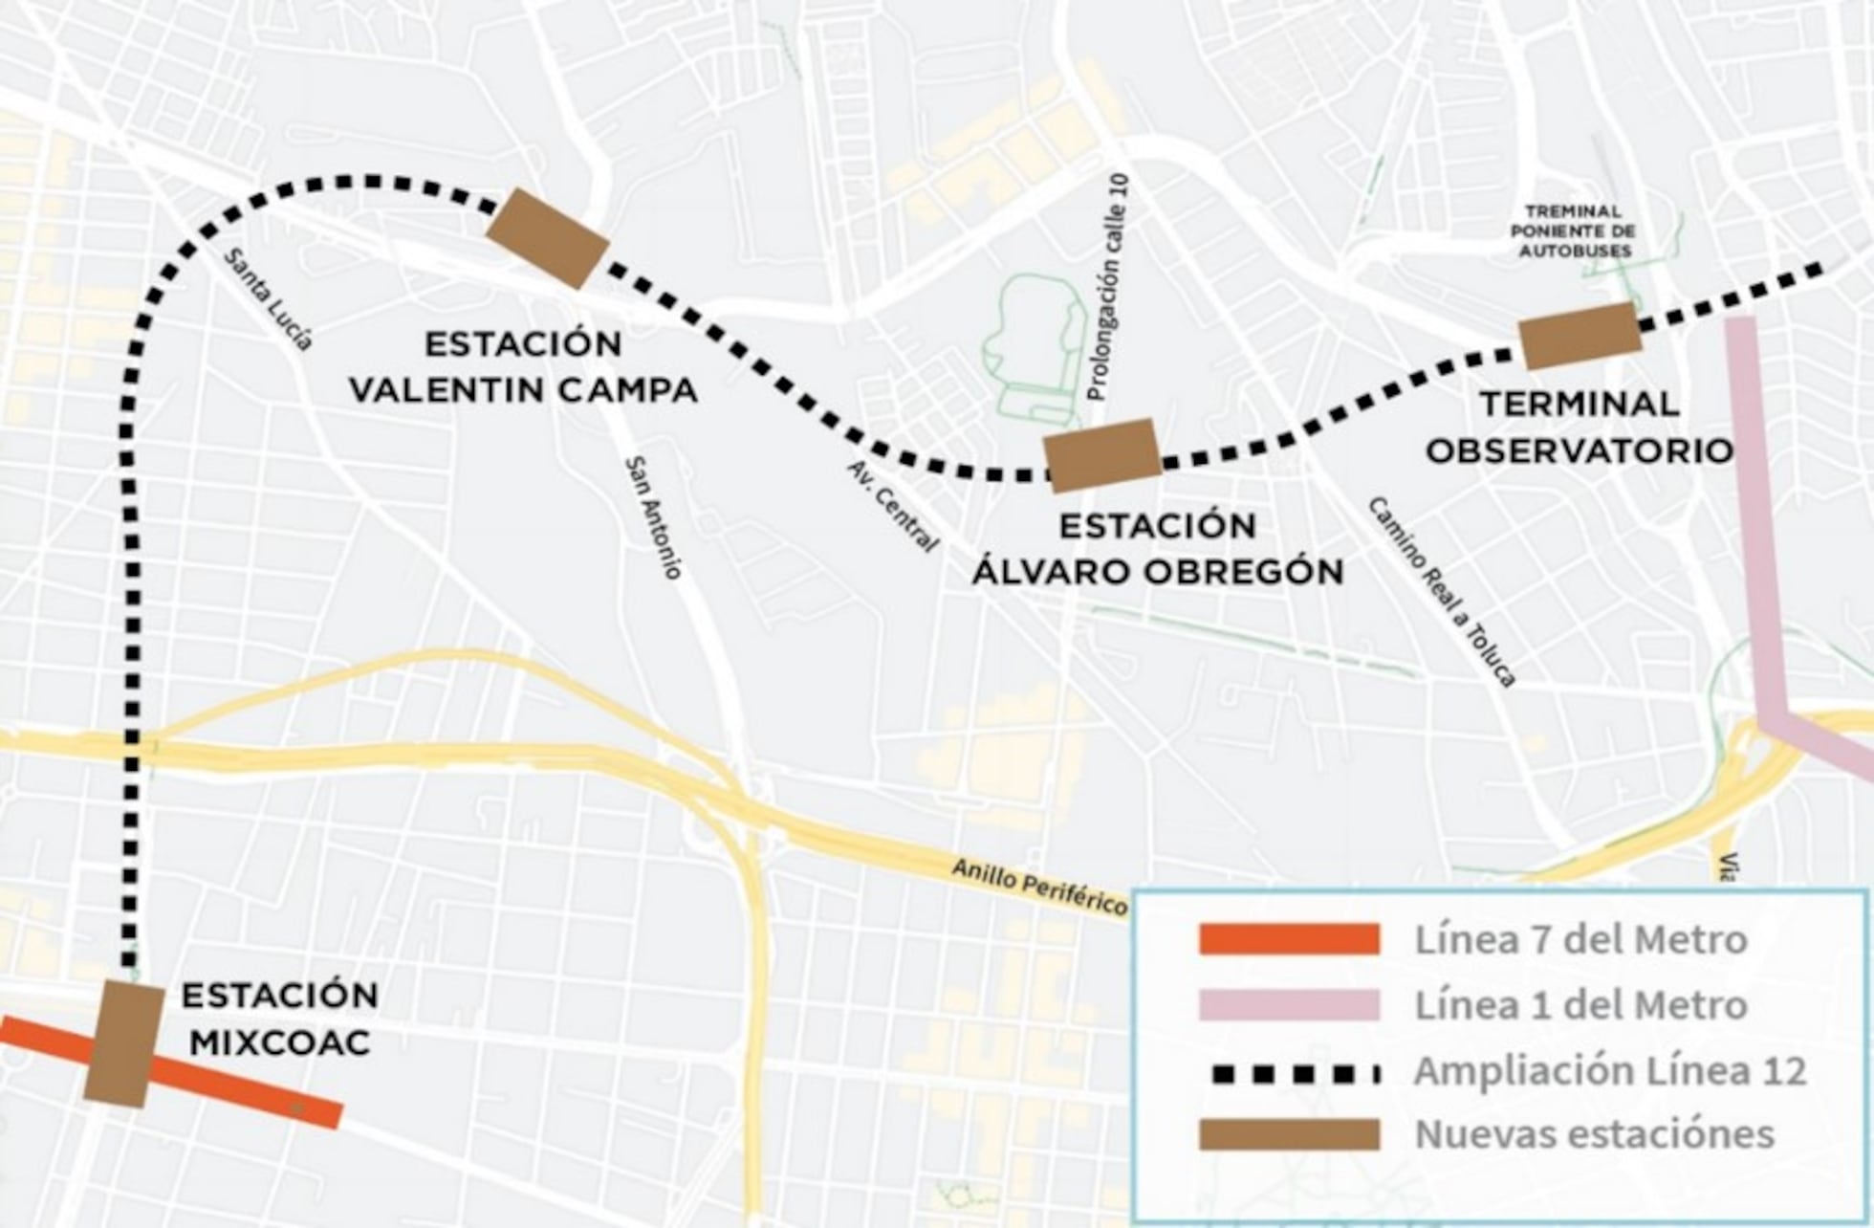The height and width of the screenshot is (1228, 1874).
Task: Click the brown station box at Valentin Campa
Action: point(548,238)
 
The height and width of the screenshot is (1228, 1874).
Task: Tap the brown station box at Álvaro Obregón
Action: point(1102,455)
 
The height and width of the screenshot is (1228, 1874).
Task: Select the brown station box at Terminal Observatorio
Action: point(1580,336)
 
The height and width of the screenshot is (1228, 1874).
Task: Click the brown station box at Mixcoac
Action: point(124,1043)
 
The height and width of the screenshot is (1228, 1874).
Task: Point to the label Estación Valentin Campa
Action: point(523,367)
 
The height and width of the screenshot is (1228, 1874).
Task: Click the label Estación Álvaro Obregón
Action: point(1158,549)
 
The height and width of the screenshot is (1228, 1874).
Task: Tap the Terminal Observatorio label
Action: point(1580,428)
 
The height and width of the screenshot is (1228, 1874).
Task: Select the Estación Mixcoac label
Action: point(279,1019)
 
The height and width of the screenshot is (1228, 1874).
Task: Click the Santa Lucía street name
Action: point(269,299)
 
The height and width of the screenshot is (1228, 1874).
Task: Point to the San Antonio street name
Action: point(653,517)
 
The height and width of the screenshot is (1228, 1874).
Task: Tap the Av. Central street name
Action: point(893,506)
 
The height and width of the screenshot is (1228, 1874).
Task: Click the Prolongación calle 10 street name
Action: point(1108,287)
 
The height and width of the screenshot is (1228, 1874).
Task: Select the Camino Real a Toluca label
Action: point(1441,592)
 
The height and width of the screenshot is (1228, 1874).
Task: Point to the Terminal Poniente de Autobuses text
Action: point(1573,230)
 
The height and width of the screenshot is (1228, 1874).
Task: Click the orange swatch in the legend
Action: point(1289,940)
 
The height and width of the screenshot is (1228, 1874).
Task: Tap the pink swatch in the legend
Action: point(1289,1005)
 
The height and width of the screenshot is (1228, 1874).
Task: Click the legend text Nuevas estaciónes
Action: point(1594,1134)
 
